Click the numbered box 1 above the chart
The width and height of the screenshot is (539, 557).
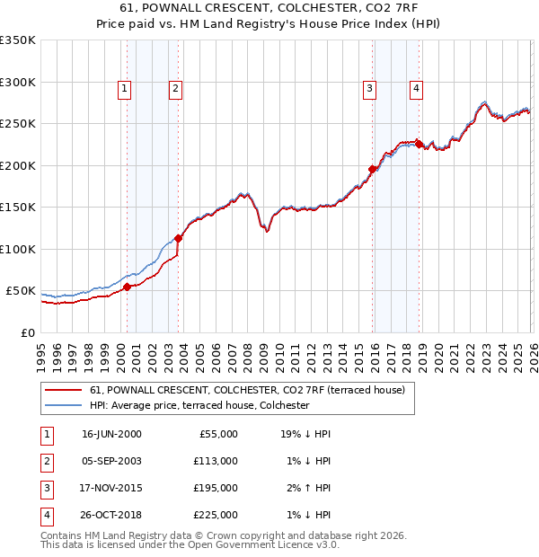(123, 88)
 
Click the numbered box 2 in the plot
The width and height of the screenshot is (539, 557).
(174, 88)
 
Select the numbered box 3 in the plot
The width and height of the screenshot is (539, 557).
(369, 88)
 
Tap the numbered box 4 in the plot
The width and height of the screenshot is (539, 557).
(417, 88)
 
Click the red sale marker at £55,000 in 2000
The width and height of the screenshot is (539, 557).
(127, 287)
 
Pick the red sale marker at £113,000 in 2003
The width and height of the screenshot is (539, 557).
(178, 238)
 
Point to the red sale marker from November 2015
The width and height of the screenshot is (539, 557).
(372, 169)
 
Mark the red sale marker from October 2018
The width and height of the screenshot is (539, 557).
(419, 144)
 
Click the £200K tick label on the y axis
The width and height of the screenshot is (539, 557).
(18, 165)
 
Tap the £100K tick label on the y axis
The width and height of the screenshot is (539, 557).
(18, 249)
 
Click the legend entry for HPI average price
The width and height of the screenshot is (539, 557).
(199, 405)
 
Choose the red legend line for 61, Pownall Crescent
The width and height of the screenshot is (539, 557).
(64, 390)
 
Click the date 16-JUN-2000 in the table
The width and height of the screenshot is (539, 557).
(111, 434)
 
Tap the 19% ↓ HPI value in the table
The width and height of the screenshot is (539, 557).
(305, 434)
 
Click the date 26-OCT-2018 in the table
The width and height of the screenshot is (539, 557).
(111, 515)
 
